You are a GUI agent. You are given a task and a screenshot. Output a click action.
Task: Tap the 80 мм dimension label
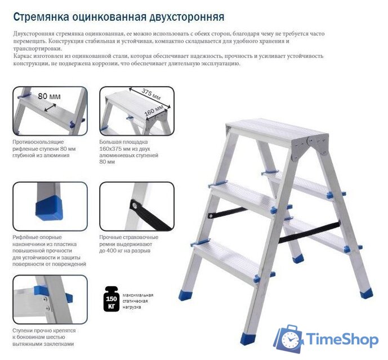click(x=49, y=96)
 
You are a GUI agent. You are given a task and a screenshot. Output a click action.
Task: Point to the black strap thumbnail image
click(x=137, y=206)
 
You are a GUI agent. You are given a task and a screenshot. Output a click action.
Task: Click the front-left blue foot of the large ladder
click(x=247, y=337)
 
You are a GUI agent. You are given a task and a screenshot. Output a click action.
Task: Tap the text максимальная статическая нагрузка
click(x=137, y=301)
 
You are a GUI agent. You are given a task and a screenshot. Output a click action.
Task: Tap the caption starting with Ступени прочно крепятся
click(x=44, y=337)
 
